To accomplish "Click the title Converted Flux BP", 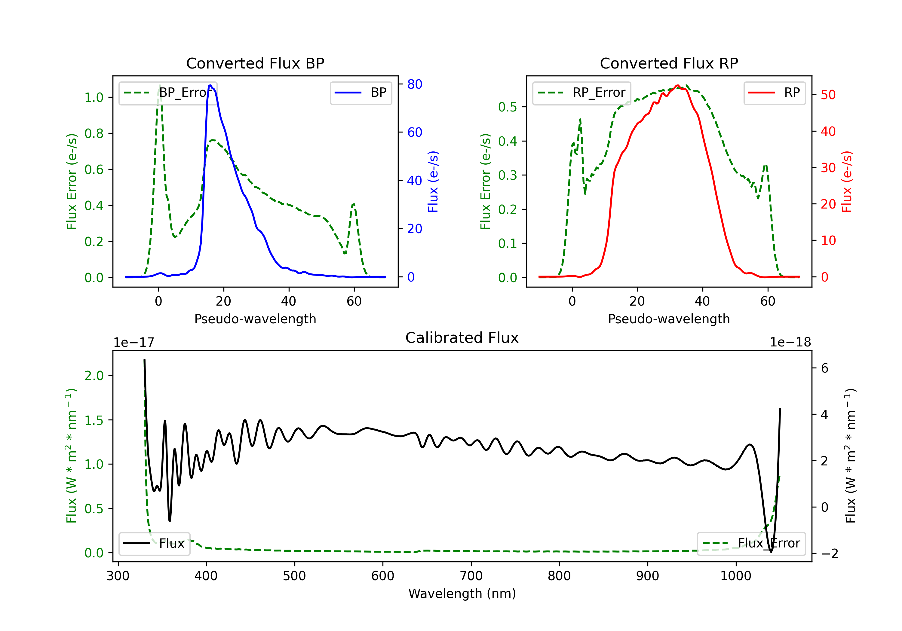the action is [x=255, y=63].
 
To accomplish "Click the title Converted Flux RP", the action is [x=669, y=63].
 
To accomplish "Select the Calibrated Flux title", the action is [x=462, y=338].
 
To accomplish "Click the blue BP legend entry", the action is [x=360, y=93].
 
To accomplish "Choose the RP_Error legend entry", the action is [x=581, y=93].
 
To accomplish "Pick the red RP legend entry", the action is [x=774, y=93].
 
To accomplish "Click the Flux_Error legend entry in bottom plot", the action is [x=751, y=544].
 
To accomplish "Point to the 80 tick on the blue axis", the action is [x=414, y=84].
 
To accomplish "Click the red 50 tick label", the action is [x=828, y=95].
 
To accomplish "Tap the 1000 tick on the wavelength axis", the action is [x=735, y=576].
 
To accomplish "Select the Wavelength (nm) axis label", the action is [x=462, y=594].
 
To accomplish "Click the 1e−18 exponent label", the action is [x=790, y=343].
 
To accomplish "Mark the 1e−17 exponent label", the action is [x=133, y=343].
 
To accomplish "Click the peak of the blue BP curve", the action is [x=210, y=85].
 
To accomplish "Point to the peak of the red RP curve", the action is [x=677, y=86].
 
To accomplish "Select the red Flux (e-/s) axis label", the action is [x=847, y=181].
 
